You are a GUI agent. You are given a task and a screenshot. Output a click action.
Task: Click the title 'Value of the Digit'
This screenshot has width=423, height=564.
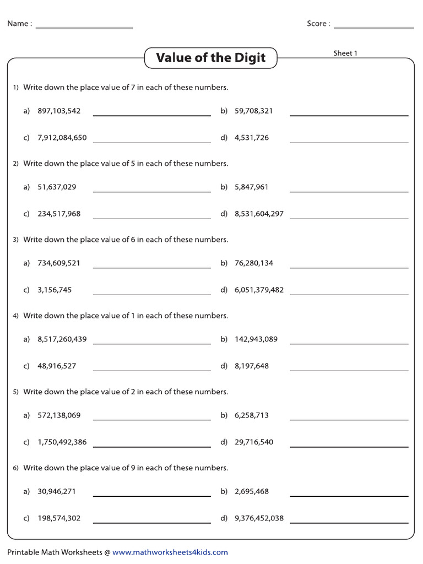(x=210, y=58)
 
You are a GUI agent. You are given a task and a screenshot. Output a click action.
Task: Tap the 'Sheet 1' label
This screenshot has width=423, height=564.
(x=345, y=53)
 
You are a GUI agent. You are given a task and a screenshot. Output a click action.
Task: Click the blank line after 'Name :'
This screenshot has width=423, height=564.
(x=84, y=27)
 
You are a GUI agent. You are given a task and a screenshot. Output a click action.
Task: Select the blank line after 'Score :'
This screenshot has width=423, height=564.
(x=373, y=27)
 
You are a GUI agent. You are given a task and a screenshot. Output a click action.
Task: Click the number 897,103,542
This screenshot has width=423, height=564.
(x=59, y=111)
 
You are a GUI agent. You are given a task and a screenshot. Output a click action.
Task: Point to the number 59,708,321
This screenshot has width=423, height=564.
(x=254, y=111)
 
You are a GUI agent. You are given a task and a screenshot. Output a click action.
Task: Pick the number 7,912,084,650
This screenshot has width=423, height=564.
(x=62, y=138)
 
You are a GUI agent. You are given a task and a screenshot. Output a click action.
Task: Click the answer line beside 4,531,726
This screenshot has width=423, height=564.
(x=349, y=142)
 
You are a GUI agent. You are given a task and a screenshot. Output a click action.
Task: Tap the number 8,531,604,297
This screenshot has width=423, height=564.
(x=259, y=214)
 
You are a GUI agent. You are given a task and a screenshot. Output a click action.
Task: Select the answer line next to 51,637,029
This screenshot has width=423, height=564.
(x=152, y=191)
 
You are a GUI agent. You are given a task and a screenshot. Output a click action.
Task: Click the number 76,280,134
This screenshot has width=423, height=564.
(x=254, y=263)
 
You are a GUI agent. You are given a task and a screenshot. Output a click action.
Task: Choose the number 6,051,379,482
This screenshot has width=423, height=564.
(x=259, y=290)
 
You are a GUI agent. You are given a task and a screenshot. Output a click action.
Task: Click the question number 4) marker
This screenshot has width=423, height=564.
(x=16, y=316)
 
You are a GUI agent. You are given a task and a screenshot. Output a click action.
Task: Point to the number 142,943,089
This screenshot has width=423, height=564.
(x=256, y=339)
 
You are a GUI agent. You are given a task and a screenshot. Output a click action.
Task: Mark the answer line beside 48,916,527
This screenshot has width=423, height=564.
(x=152, y=370)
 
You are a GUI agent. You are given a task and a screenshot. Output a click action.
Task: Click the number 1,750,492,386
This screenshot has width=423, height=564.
(x=62, y=442)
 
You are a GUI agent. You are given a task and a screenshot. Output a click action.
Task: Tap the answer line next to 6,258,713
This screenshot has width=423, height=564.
(x=349, y=420)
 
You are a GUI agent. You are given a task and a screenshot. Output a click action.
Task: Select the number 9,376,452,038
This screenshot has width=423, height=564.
(x=259, y=518)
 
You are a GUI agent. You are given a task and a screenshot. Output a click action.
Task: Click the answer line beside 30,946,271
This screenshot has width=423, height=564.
(x=152, y=496)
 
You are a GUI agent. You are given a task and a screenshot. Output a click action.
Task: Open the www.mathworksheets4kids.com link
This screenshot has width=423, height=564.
(x=170, y=552)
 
